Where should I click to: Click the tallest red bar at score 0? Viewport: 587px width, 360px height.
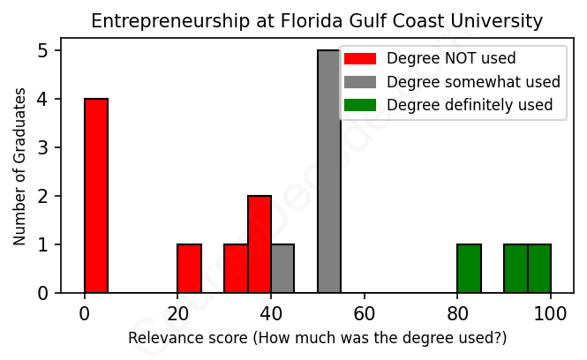pyautogui.click(x=96, y=195)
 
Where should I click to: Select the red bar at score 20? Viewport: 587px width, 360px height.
pyautogui.click(x=189, y=268)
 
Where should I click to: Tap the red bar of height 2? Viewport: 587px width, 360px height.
pyautogui.click(x=260, y=244)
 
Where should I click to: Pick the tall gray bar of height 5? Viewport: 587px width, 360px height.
pyautogui.click(x=329, y=171)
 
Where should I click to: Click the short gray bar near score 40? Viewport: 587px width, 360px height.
pyautogui.click(x=282, y=268)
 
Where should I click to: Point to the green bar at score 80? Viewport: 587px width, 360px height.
pyautogui.click(x=469, y=268)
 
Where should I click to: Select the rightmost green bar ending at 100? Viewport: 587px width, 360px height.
pyautogui.click(x=539, y=268)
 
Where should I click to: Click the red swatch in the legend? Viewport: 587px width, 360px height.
pyautogui.click(x=360, y=59)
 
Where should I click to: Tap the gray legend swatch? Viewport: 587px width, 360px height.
pyautogui.click(x=360, y=82)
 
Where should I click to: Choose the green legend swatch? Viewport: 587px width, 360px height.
pyautogui.click(x=360, y=105)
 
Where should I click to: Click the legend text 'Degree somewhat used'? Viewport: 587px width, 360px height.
pyautogui.click(x=474, y=82)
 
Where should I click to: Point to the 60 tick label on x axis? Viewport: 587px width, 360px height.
pyautogui.click(x=364, y=312)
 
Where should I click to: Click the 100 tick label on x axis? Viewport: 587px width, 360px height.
pyautogui.click(x=551, y=312)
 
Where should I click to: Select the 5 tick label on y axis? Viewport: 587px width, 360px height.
pyautogui.click(x=44, y=51)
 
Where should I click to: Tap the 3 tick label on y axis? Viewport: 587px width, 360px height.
pyautogui.click(x=44, y=147)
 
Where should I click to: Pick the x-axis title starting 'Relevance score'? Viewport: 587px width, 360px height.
pyautogui.click(x=318, y=338)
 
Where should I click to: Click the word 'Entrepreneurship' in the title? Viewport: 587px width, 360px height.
pyautogui.click(x=147, y=20)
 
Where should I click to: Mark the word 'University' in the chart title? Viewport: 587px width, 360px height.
pyautogui.click(x=506, y=20)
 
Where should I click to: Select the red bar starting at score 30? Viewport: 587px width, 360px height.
pyautogui.click(x=236, y=268)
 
